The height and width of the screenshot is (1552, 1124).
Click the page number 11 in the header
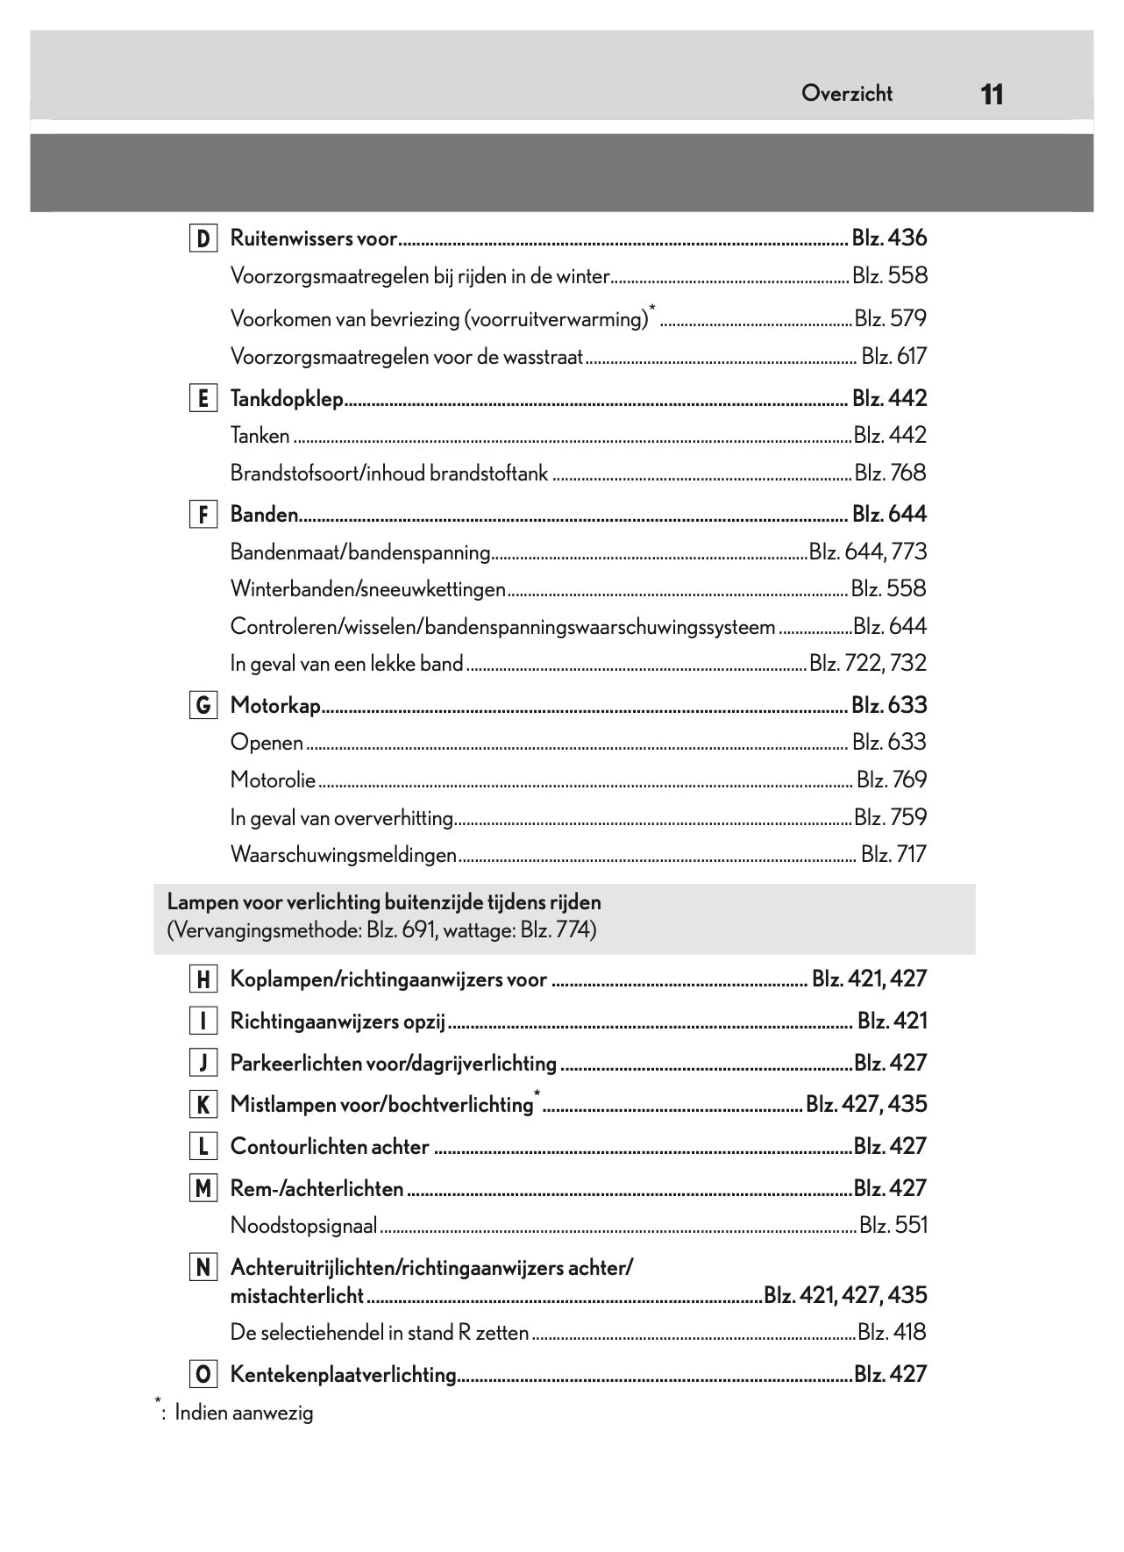pyautogui.click(x=992, y=95)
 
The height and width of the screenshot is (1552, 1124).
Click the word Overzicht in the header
pyautogui.click(x=846, y=94)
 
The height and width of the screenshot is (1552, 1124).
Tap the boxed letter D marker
pyautogui.click(x=203, y=238)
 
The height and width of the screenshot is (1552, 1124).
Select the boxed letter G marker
pyautogui.click(x=203, y=706)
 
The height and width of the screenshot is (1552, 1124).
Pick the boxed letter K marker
pyautogui.click(x=203, y=1105)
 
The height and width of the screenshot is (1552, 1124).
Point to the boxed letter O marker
pyautogui.click(x=203, y=1375)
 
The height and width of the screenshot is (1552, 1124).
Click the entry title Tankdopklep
pyautogui.click(x=287, y=399)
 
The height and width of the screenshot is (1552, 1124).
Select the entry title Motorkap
pyautogui.click(x=275, y=706)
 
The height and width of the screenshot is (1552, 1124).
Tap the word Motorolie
pyautogui.click(x=273, y=780)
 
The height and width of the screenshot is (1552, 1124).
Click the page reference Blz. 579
pyautogui.click(x=890, y=319)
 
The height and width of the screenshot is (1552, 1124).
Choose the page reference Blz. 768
pyautogui.click(x=890, y=473)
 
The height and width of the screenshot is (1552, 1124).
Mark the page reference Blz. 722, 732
pyautogui.click(x=868, y=664)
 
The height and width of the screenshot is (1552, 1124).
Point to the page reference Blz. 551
pyautogui.click(x=893, y=1226)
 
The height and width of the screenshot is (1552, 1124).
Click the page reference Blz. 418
pyautogui.click(x=892, y=1333)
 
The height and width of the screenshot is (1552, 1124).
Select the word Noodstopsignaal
pyautogui.click(x=303, y=1226)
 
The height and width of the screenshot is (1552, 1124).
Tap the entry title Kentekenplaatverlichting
pyautogui.click(x=343, y=1375)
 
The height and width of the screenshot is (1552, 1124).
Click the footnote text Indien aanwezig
pyautogui.click(x=244, y=1413)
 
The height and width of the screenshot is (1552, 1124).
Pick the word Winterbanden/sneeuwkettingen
pyautogui.click(x=367, y=589)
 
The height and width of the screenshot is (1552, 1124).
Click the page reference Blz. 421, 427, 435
pyautogui.click(x=845, y=1295)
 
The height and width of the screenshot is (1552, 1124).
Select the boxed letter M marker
pyautogui.click(x=203, y=1189)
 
